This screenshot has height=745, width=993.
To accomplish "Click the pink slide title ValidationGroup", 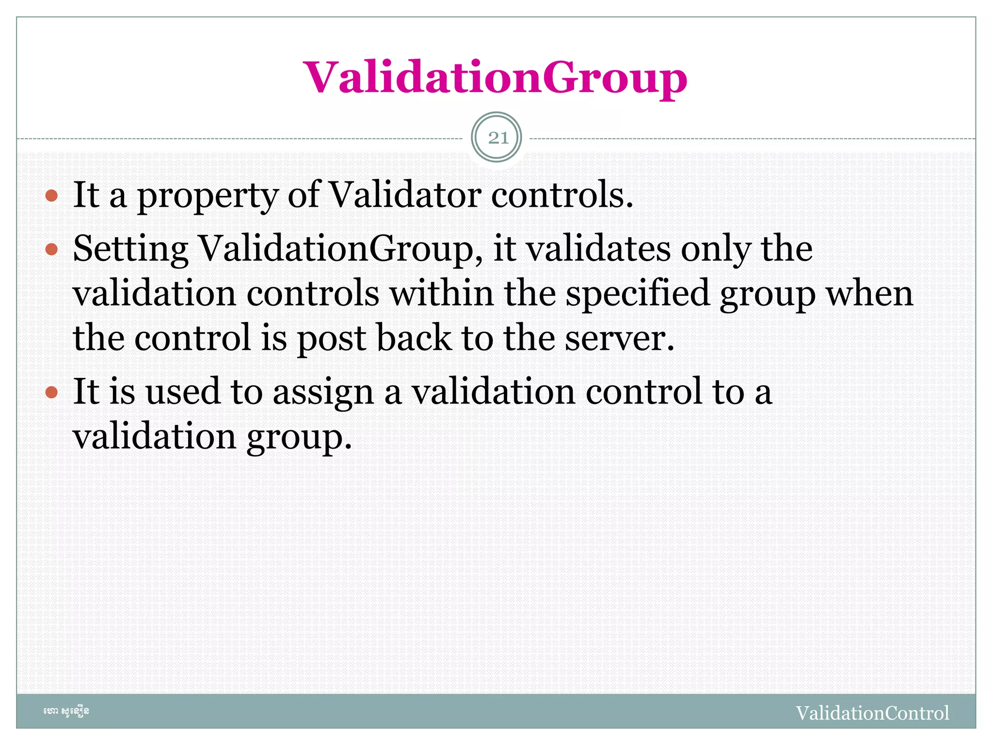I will click(495, 78).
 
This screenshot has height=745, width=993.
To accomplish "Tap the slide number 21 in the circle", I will click(496, 138).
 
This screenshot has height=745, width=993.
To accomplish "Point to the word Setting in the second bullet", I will click(130, 249).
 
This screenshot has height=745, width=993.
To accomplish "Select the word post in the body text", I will click(331, 339).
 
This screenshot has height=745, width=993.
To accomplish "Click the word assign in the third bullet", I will click(323, 392).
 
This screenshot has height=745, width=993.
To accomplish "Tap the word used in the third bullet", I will click(183, 391).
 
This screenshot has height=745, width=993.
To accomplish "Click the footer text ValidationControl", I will click(872, 713).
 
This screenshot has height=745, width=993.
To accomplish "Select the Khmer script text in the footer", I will click(66, 712).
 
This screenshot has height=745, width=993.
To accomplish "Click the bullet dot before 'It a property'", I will click(51, 196).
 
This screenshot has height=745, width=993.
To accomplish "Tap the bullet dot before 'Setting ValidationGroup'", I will click(51, 250).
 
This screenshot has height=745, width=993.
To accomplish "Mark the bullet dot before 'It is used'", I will click(51, 392).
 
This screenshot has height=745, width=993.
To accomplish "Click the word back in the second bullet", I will click(414, 338).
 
